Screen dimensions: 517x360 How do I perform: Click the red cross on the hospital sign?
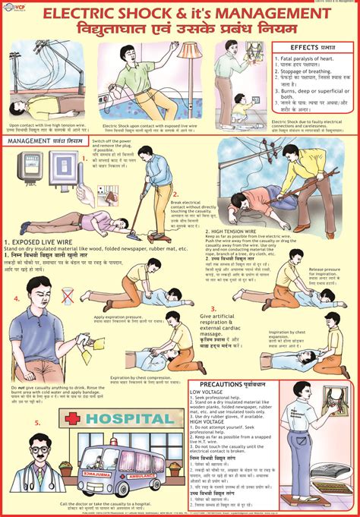point(72,418)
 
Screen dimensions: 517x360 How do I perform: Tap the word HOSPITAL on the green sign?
point(129,418)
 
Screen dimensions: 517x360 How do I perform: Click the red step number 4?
point(17,298)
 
